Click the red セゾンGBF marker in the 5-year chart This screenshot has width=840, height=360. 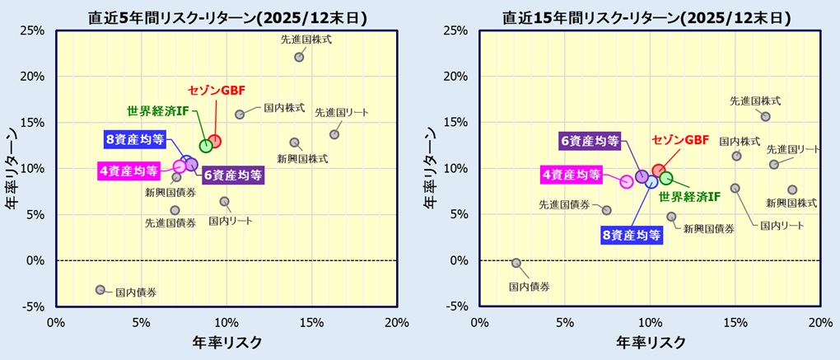[x=214, y=141]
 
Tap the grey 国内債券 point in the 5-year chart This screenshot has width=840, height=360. [x=100, y=289]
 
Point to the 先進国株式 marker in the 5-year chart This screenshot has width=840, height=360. [x=299, y=57]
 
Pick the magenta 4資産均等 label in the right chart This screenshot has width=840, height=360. [x=570, y=175]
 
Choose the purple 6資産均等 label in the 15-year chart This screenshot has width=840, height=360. [x=590, y=141]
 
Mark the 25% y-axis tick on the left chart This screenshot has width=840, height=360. [x=32, y=30]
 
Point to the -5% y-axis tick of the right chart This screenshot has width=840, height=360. [x=455, y=306]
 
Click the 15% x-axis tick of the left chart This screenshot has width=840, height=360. [x=310, y=321]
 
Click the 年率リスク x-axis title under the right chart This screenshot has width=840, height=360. [x=650, y=341]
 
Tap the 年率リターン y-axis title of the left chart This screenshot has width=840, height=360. [x=14, y=169]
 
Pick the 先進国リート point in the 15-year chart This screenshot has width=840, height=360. [x=774, y=165]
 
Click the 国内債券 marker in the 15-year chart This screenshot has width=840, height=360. [x=516, y=263]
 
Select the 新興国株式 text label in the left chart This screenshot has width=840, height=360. [x=302, y=158]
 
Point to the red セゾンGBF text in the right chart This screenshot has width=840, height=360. [x=679, y=140]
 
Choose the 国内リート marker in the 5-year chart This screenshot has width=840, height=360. [x=224, y=201]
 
